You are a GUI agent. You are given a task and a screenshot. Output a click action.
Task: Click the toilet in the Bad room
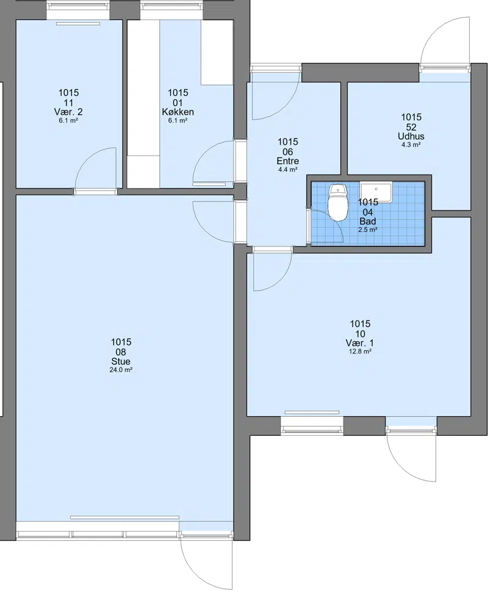click(337, 203)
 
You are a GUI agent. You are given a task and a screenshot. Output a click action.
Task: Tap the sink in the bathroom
click(376, 192)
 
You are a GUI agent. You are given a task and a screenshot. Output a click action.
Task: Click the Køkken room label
click(178, 112)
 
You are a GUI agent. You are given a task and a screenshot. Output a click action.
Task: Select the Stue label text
click(121, 361)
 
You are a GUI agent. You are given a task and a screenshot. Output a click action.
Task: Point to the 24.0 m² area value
click(121, 370)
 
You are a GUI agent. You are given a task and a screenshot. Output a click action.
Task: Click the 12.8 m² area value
click(360, 352)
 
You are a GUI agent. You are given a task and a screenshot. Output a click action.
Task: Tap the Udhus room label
click(411, 136)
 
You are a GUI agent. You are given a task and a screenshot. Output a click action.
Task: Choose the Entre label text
click(287, 161)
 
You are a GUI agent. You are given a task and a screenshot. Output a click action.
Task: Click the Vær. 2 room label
click(68, 112)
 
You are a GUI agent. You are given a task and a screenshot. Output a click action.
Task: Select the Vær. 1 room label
click(360, 343)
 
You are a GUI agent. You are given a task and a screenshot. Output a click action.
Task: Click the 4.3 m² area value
click(411, 145)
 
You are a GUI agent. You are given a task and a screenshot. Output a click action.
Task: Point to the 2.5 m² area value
click(368, 229)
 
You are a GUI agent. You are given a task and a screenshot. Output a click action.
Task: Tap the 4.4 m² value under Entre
click(287, 170)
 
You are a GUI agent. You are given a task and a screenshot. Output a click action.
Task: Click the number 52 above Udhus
click(411, 127)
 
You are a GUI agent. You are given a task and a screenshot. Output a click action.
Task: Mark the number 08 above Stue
click(121, 352)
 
